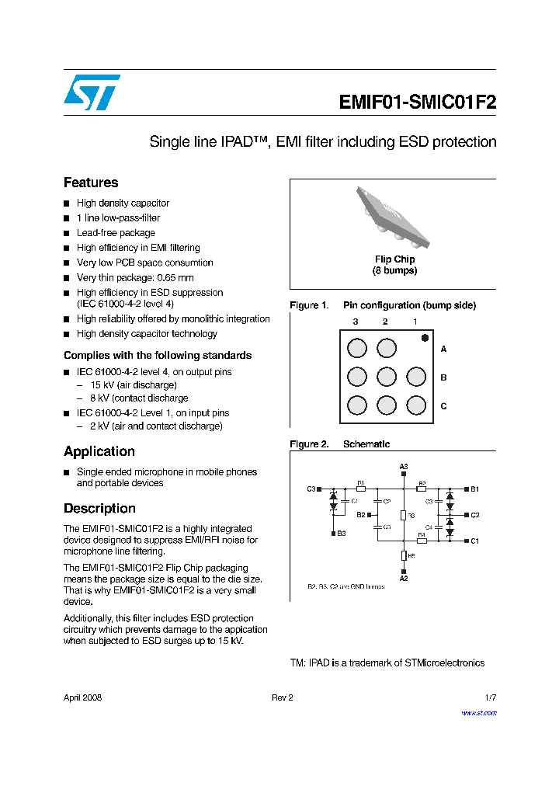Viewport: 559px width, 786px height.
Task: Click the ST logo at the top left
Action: pyautogui.click(x=91, y=92)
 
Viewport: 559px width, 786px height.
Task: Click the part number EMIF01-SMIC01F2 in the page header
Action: pyautogui.click(x=417, y=103)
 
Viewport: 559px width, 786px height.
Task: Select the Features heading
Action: pyautogui.click(x=91, y=183)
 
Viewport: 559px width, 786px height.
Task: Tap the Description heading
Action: pyautogui.click(x=99, y=508)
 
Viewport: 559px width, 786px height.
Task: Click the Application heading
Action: pyautogui.click(x=99, y=451)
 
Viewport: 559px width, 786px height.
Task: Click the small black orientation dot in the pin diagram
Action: pyautogui.click(x=425, y=337)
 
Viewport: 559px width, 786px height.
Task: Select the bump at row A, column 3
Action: pyautogui.click(x=357, y=348)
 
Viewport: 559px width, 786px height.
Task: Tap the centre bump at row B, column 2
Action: pyautogui.click(x=387, y=377)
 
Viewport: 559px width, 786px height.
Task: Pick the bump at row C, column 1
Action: pyautogui.click(x=416, y=405)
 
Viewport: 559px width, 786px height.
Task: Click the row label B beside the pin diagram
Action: pyautogui.click(x=443, y=377)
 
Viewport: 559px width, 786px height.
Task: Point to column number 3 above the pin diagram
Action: pyautogui.click(x=356, y=322)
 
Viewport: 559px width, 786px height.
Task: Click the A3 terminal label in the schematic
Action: pyautogui.click(x=404, y=467)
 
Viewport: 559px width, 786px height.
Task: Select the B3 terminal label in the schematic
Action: pyautogui.click(x=342, y=534)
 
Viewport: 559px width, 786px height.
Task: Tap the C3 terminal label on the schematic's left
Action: pyautogui.click(x=311, y=489)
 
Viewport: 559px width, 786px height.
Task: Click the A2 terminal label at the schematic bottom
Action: pyautogui.click(x=404, y=579)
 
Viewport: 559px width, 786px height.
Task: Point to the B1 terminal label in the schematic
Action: pyautogui.click(x=475, y=489)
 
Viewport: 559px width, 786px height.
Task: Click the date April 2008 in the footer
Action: pyautogui.click(x=82, y=697)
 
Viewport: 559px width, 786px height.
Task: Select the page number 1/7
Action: pyautogui.click(x=490, y=697)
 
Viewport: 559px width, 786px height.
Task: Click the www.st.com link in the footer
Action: pyautogui.click(x=479, y=712)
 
